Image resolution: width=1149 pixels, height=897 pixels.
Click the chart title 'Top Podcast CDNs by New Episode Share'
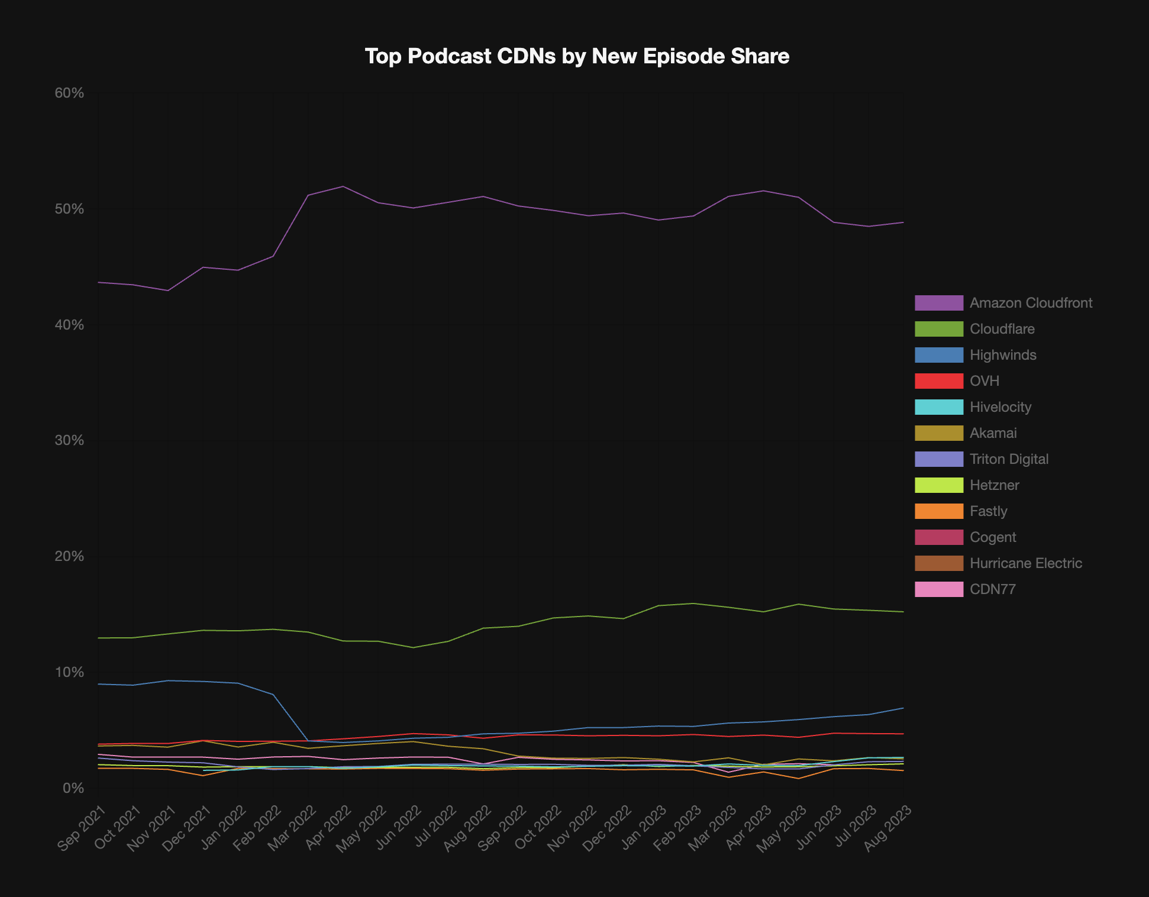point(577,56)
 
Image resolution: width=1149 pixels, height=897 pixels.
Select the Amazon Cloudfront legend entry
point(1003,303)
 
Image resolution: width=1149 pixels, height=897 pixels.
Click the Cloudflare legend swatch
point(939,329)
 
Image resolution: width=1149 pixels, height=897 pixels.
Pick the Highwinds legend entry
point(976,355)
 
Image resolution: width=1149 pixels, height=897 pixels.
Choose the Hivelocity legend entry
point(973,407)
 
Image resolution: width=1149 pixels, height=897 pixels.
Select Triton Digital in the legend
point(982,459)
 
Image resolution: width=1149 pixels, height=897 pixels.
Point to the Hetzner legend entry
point(967,485)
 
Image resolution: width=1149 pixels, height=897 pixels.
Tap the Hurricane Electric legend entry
point(999,563)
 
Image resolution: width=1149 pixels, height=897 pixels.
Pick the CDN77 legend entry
point(966,589)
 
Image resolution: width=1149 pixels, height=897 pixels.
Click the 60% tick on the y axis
point(70,93)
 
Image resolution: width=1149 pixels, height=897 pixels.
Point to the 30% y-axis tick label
point(70,441)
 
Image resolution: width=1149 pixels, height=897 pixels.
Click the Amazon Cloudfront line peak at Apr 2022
point(343,186)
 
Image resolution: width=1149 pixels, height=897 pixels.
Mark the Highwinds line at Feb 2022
point(273,695)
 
